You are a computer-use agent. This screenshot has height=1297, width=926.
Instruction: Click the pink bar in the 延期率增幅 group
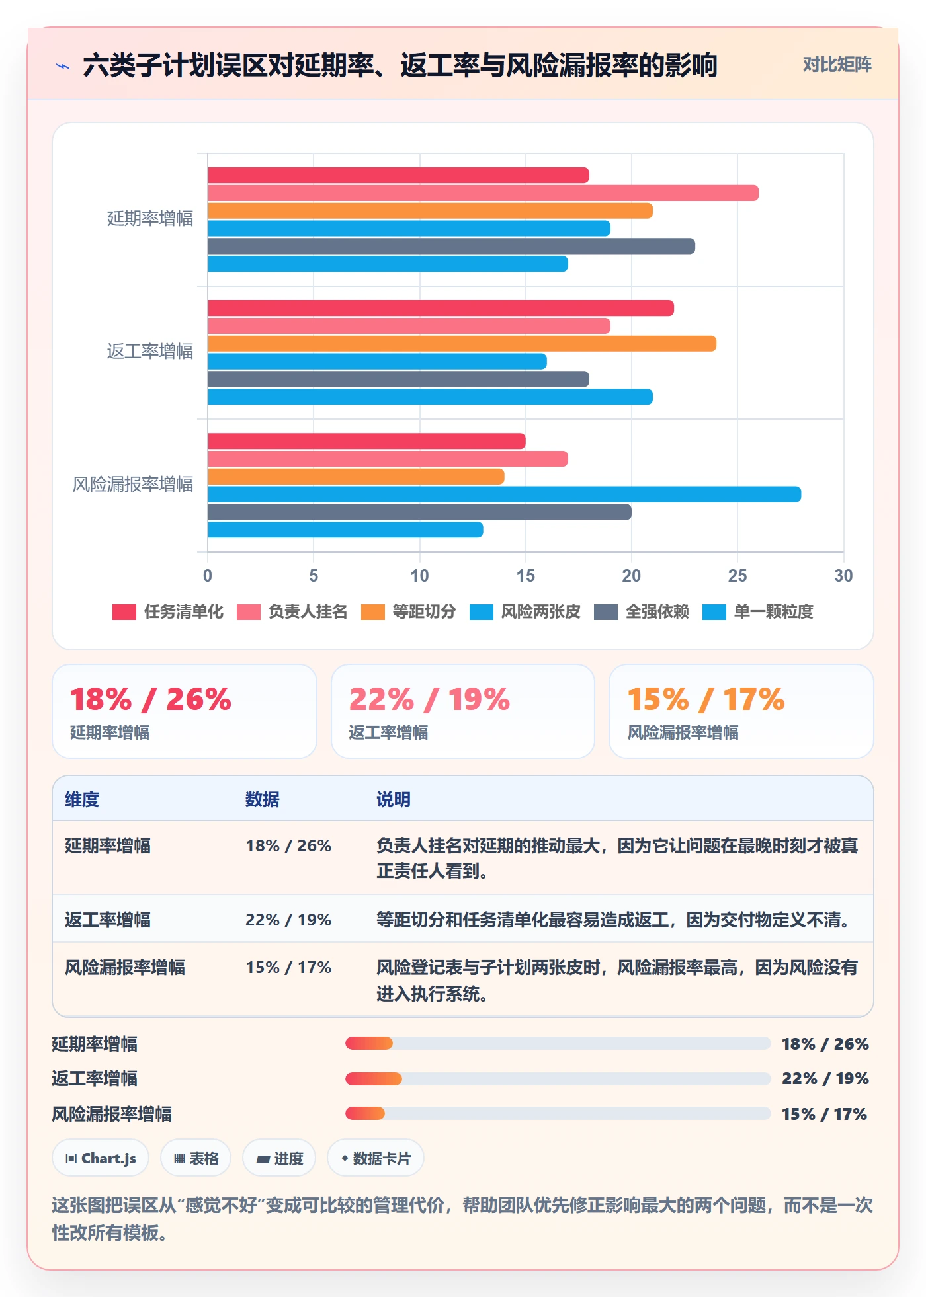pyautogui.click(x=483, y=193)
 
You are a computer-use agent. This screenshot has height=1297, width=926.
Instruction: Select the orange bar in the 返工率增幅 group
pyautogui.click(x=462, y=344)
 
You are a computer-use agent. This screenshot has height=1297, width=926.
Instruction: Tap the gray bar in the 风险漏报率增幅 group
pyautogui.click(x=419, y=512)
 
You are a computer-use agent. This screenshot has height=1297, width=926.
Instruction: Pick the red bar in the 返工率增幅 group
pyautogui.click(x=441, y=308)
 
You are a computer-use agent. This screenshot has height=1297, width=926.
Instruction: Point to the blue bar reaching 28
pyautogui.click(x=504, y=494)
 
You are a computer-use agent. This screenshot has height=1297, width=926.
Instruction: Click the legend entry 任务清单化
pyautogui.click(x=168, y=611)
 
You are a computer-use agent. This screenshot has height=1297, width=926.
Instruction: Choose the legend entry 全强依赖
pyautogui.click(x=642, y=611)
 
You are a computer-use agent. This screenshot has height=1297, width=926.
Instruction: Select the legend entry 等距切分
pyautogui.click(x=409, y=611)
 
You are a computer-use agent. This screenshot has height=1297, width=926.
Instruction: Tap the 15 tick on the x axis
pyautogui.click(x=525, y=576)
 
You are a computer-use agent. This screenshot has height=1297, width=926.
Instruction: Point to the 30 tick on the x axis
pyautogui.click(x=843, y=576)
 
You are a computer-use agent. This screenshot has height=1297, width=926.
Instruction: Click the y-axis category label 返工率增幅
pyautogui.click(x=150, y=351)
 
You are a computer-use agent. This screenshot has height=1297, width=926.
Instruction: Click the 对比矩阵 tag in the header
pyautogui.click(x=837, y=64)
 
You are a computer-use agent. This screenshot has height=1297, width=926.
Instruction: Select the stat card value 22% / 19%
pyautogui.click(x=429, y=699)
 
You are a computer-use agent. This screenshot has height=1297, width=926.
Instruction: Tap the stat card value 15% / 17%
pyautogui.click(x=706, y=699)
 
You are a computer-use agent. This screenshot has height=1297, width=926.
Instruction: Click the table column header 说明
pyautogui.click(x=394, y=799)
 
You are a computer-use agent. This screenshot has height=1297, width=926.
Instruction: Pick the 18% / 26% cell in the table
pyautogui.click(x=288, y=845)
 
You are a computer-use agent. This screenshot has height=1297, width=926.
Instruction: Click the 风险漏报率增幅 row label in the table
pyautogui.click(x=125, y=967)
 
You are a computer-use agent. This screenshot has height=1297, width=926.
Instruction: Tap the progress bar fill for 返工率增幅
pyautogui.click(x=374, y=1079)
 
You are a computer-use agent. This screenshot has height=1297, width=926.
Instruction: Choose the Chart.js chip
pyautogui.click(x=101, y=1158)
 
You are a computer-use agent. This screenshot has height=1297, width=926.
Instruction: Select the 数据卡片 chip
pyautogui.click(x=376, y=1158)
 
